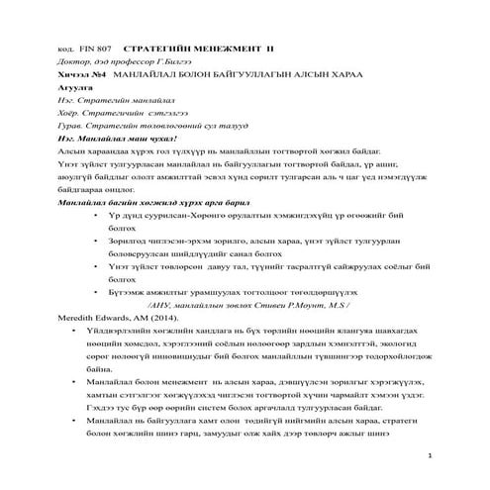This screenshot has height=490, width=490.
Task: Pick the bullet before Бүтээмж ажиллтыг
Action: pyautogui.click(x=93, y=291)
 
